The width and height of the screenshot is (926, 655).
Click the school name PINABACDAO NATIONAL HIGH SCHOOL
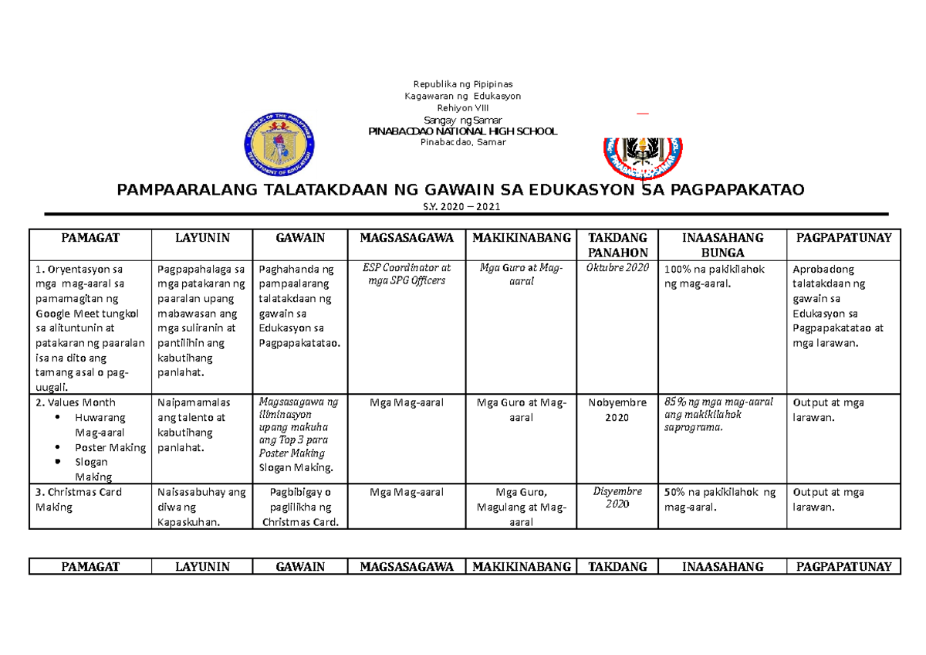point(463,131)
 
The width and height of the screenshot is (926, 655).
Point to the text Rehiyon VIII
point(463,108)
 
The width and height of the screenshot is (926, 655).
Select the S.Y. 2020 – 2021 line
point(463,205)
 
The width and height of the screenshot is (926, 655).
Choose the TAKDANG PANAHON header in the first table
point(618,245)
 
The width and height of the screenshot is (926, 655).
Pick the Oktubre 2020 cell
point(618,268)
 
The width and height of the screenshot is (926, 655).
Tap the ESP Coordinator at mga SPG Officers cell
point(407,274)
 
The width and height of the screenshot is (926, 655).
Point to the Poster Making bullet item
point(110,447)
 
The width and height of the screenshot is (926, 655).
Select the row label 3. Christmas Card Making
point(79,499)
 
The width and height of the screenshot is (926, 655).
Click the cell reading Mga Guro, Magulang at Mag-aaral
point(521,507)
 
